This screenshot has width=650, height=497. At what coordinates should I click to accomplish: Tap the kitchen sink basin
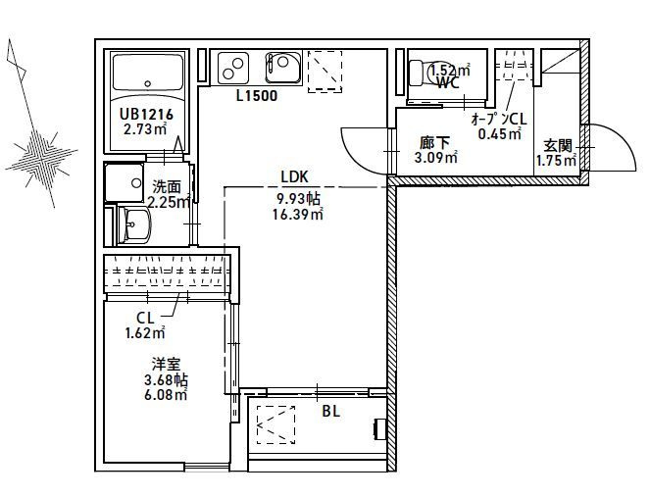point(283,68)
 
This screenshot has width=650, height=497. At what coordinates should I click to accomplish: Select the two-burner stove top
point(232,68)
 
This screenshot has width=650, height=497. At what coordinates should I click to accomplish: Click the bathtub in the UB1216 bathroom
point(148,72)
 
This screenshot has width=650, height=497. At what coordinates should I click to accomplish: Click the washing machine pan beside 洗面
point(124,182)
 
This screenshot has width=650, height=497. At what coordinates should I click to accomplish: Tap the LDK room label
point(295,177)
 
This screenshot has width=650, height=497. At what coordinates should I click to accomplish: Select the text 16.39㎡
point(298,215)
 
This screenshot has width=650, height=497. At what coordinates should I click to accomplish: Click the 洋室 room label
point(166,365)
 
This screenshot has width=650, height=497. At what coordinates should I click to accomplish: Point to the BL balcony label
point(331,411)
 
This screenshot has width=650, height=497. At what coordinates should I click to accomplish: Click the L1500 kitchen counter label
point(257,96)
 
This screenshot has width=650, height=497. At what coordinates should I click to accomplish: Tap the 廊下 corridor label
point(435,143)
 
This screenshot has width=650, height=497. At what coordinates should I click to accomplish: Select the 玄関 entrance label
point(558,146)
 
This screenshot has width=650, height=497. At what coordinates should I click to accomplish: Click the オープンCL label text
point(499,120)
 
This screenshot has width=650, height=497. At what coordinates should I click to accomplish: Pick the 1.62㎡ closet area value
point(145,332)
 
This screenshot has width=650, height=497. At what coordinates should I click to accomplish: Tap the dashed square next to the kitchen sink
point(325,72)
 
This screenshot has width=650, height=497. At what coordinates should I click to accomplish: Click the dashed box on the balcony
point(276,424)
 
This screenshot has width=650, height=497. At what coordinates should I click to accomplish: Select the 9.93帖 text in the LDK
point(298,199)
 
